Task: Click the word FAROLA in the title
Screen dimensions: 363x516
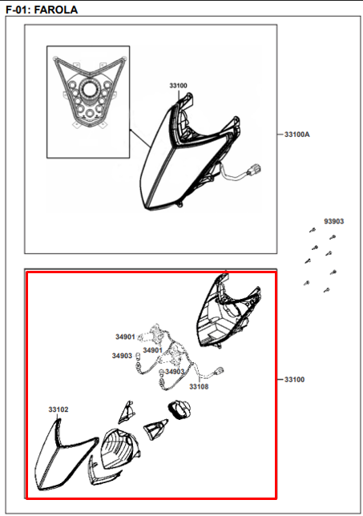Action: click(x=56, y=10)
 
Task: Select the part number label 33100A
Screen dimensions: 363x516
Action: click(x=297, y=135)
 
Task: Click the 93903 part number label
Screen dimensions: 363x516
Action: click(x=333, y=221)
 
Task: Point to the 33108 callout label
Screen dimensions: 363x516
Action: click(x=199, y=387)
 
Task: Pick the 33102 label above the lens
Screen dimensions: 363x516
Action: click(x=58, y=409)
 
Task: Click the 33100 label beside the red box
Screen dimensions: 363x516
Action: click(x=295, y=380)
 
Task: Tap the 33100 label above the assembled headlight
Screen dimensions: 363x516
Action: click(x=178, y=86)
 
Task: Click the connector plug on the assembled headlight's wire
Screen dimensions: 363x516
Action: click(x=254, y=171)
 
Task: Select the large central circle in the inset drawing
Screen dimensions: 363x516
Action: click(x=89, y=90)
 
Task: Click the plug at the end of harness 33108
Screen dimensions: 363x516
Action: click(x=219, y=372)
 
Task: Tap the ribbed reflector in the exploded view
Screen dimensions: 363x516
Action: click(x=120, y=449)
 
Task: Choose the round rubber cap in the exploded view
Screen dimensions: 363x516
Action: click(x=179, y=410)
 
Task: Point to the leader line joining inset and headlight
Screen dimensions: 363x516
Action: click(x=140, y=138)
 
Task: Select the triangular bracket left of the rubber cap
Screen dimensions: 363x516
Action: click(x=155, y=429)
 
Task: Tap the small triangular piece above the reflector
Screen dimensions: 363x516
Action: click(x=126, y=412)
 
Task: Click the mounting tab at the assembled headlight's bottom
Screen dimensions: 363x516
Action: click(x=179, y=204)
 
